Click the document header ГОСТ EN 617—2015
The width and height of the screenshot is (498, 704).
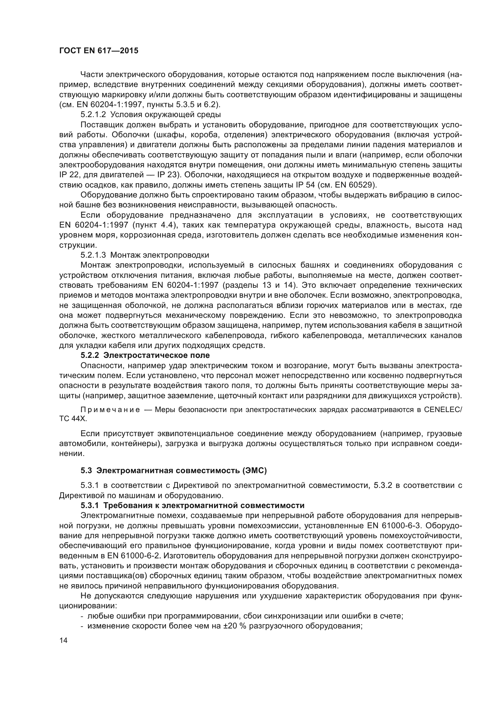tap(99, 51)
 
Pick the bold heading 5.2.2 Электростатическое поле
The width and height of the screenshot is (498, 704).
tap(145, 355)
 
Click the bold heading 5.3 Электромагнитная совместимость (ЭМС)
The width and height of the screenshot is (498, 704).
tap(173, 471)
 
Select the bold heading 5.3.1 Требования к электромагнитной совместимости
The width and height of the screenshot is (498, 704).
tap(193, 506)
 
